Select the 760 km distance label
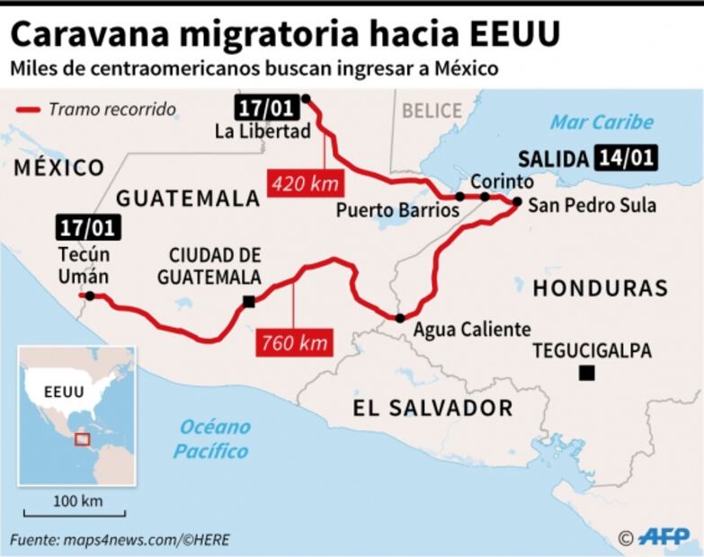pos(294,341)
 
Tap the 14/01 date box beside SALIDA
pos(624,158)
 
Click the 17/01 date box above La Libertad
pos(264,108)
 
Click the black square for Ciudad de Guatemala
pos(249,302)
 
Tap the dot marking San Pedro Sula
pos(517,202)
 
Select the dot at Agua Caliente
pos(399,317)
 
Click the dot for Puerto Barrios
pos(459,196)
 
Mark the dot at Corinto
pos(485,196)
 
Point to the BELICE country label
pos(432,111)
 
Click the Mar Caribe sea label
pos(602,122)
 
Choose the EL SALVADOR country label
pos(432,409)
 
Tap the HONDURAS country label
pos(600,288)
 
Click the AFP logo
pos(664,536)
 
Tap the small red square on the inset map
pos(82,439)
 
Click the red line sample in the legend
pos(29,110)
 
